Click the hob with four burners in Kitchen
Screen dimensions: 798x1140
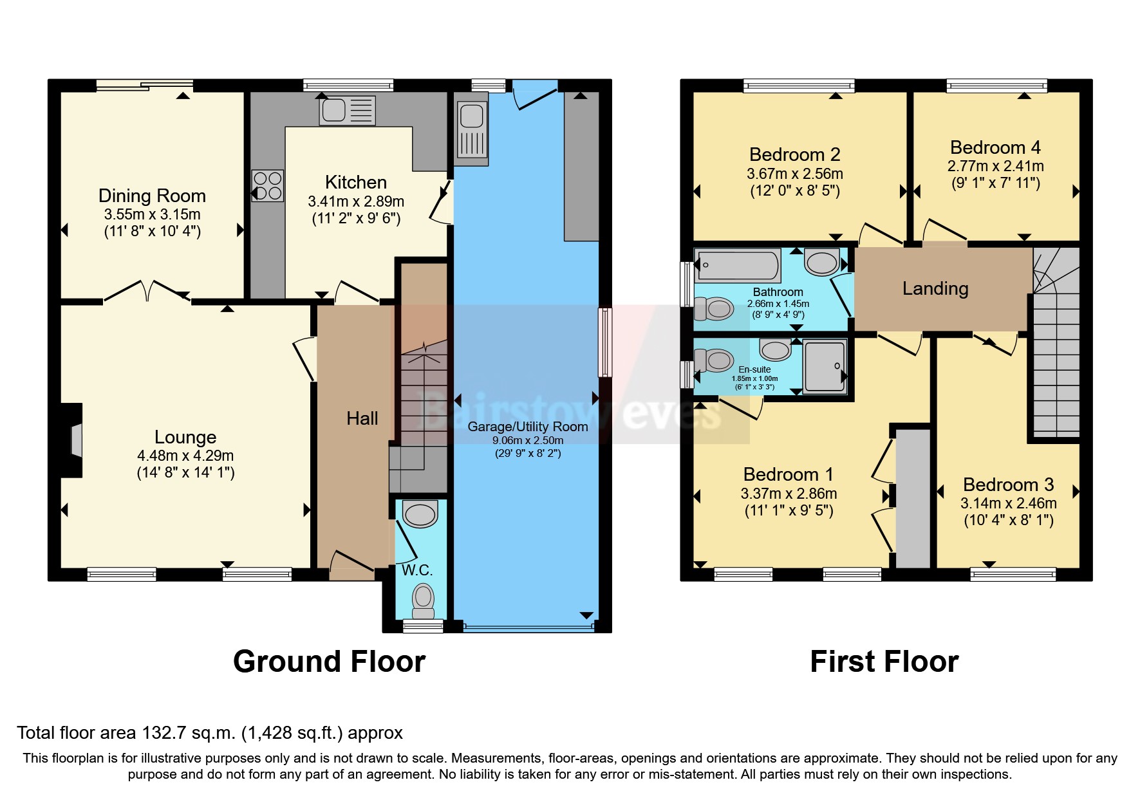pos(267,185)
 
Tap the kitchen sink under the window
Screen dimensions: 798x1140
pos(347,111)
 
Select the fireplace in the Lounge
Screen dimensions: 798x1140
pos(73,440)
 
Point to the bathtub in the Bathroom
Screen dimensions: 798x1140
pos(738,265)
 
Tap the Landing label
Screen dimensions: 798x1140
pos(935,288)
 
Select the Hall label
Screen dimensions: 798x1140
pos(362,418)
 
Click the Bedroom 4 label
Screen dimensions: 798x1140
pos(995,147)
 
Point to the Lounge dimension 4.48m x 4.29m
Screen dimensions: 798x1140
pos(185,456)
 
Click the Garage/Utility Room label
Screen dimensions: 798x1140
pos(527,427)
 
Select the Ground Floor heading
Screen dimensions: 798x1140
pos(329,662)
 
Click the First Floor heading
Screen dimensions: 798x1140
pos(884,662)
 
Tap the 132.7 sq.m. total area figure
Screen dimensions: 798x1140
pos(189,733)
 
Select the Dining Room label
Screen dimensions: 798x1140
pos(152,196)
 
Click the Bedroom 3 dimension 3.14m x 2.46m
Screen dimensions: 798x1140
pos(1008,503)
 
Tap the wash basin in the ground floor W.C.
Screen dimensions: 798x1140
pos(420,515)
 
